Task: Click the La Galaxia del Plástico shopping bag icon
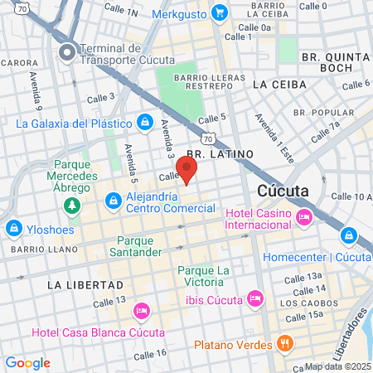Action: click(x=145, y=122)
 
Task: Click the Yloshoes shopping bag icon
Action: click(x=13, y=227)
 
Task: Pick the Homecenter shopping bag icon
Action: click(x=349, y=236)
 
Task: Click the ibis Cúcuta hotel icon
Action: click(x=255, y=297)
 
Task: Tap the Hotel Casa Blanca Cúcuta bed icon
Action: click(x=141, y=312)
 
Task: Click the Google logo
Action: click(x=27, y=362)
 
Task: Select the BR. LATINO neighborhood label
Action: click(x=212, y=154)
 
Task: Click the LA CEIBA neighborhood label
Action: click(x=280, y=85)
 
